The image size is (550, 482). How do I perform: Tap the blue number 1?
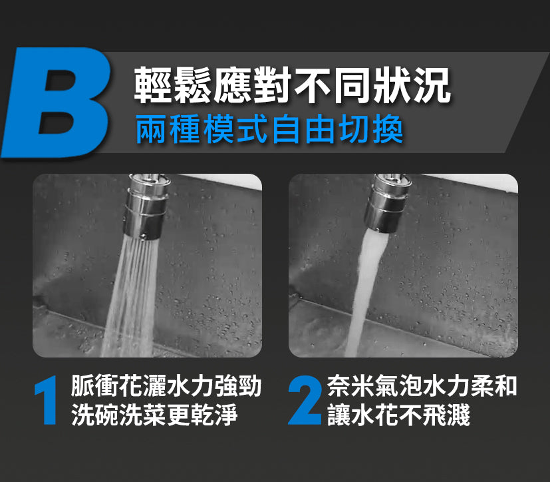coord(47,399)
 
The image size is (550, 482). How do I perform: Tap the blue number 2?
coord(305,399)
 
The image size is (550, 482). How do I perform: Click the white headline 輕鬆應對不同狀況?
coord(292,85)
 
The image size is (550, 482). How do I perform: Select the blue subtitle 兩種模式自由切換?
coord(269,129)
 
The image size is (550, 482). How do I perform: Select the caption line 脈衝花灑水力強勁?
coord(166,386)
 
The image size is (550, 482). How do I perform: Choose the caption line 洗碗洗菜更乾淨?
coord(154,415)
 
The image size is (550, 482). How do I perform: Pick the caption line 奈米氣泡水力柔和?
coord(422,386)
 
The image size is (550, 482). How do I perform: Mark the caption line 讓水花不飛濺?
coord(398,415)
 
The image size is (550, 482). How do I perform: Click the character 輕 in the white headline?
coord(154,85)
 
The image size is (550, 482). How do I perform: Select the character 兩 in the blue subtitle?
coord(152,129)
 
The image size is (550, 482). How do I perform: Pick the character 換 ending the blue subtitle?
coord(388,129)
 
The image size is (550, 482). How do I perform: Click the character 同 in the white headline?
coord(352,85)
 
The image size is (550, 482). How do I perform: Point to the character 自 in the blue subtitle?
coord(286,129)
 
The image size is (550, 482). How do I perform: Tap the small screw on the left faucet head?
coord(143,236)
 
